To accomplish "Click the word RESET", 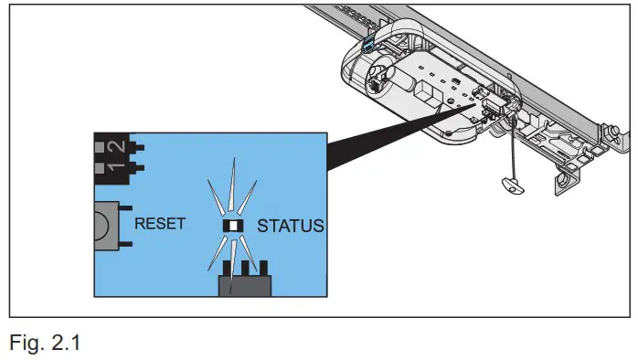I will [x=161, y=223].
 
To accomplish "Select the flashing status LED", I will [x=233, y=226].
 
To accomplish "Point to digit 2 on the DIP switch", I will [x=115, y=146].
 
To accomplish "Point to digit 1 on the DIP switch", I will [x=115, y=166].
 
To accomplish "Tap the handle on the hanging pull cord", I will [x=513, y=185].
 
